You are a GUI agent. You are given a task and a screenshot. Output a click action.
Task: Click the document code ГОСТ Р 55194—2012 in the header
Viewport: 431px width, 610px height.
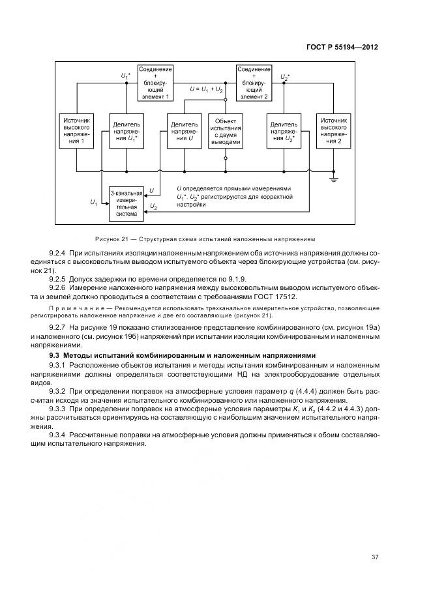coord(343,48)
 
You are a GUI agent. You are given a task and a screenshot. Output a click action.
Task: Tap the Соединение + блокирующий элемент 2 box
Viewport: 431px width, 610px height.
coord(254,83)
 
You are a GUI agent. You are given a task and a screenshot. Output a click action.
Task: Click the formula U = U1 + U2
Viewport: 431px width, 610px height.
coord(207,88)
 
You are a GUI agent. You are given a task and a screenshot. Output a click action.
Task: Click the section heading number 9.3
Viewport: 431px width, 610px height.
coord(55,355)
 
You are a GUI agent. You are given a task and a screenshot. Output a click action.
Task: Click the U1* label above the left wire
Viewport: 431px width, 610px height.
coord(126,76)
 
